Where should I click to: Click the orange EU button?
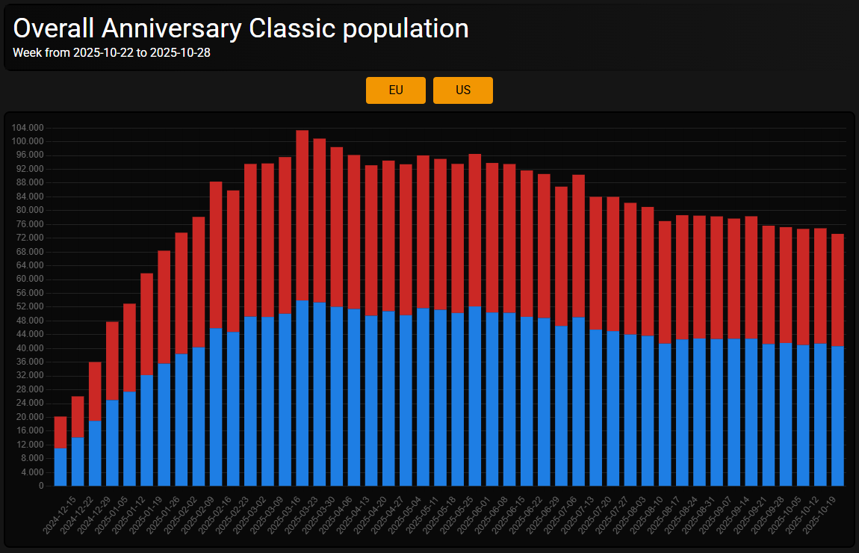pos(396,90)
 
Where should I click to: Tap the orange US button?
pos(463,90)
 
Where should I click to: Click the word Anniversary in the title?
pos(171,28)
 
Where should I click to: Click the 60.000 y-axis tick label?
pos(30,279)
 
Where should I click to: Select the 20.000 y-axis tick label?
pos(30,417)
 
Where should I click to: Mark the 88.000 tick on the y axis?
pos(30,183)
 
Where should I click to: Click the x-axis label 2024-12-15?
pos(59,516)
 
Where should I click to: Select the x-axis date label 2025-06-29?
pos(543,516)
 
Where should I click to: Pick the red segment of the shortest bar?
pos(61,432)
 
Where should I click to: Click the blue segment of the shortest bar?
pos(61,467)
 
